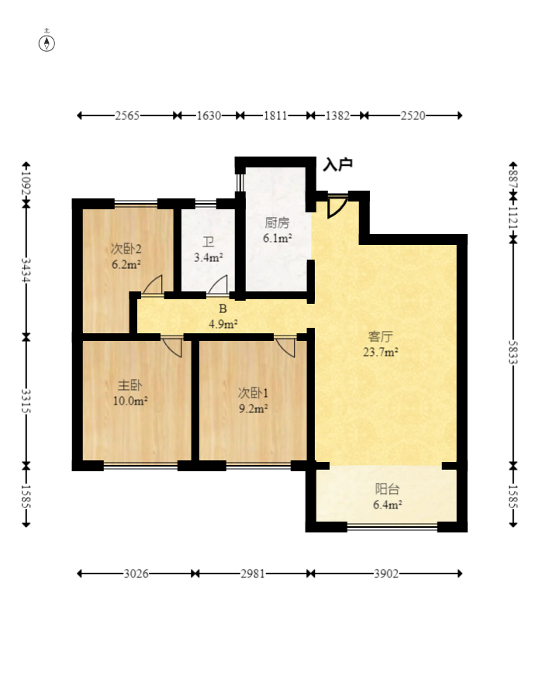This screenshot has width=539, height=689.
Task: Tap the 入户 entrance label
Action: click(x=337, y=164)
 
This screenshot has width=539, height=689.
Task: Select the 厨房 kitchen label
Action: click(x=277, y=222)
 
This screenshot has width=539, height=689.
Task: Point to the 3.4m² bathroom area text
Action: click(x=209, y=257)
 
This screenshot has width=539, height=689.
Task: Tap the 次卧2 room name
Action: click(x=126, y=249)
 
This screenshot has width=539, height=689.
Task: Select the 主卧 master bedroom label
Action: click(x=130, y=385)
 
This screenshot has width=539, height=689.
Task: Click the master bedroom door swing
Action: click(x=171, y=347)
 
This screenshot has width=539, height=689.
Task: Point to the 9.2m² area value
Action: click(x=254, y=409)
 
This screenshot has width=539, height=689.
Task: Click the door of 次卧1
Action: click(x=285, y=347)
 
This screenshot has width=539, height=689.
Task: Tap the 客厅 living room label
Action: click(x=380, y=337)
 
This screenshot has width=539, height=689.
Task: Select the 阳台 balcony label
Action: click(x=387, y=489)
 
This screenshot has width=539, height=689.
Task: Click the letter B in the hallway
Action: click(x=223, y=309)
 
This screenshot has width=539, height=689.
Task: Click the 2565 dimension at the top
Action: click(x=127, y=115)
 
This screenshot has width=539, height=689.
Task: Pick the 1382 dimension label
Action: click(x=337, y=115)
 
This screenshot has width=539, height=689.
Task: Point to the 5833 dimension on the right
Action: click(x=513, y=352)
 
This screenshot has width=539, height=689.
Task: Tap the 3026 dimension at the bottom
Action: click(x=136, y=574)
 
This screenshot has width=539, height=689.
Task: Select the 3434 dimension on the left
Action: click(x=26, y=270)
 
